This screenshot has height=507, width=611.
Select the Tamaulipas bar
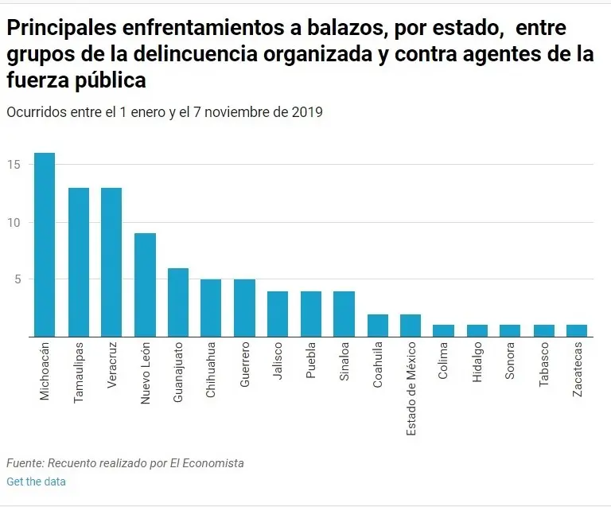click(x=78, y=262)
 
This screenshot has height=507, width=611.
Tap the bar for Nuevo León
click(x=145, y=284)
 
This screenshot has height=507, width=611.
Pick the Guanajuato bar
click(x=178, y=302)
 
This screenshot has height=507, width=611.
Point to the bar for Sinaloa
click(x=344, y=314)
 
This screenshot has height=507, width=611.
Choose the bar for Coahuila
click(x=377, y=325)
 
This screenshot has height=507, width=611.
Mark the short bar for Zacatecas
click(x=576, y=330)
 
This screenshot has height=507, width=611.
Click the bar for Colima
click(x=443, y=330)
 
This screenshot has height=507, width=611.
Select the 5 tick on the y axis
click(x=18, y=279)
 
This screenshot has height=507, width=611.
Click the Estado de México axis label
click(x=411, y=389)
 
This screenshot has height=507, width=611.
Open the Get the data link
click(x=36, y=482)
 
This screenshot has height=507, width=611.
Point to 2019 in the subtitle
click(x=306, y=112)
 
